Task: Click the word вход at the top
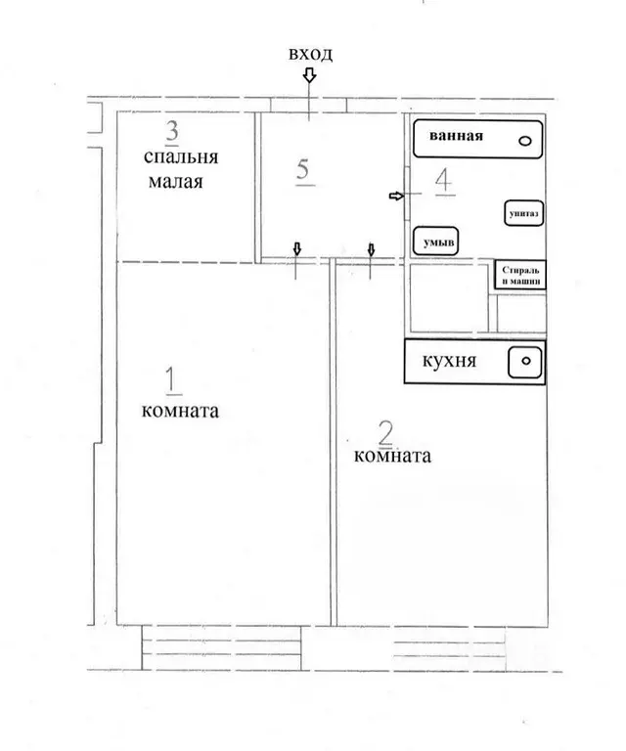[310, 54]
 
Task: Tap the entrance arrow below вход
[310, 75]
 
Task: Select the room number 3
[171, 131]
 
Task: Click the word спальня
[181, 157]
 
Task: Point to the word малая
[176, 182]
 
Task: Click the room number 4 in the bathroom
[443, 181]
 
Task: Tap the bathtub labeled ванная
[477, 139]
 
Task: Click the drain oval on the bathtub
[525, 141]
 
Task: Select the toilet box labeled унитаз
[524, 213]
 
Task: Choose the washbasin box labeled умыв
[435, 242]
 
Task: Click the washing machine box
[520, 275]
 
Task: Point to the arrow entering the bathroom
[396, 196]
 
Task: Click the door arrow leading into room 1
[297, 248]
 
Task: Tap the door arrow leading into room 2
[371, 249]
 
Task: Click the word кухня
[449, 360]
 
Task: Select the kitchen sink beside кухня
[525, 362]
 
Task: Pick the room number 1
[172, 380]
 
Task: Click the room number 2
[385, 433]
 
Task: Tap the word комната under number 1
[180, 411]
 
